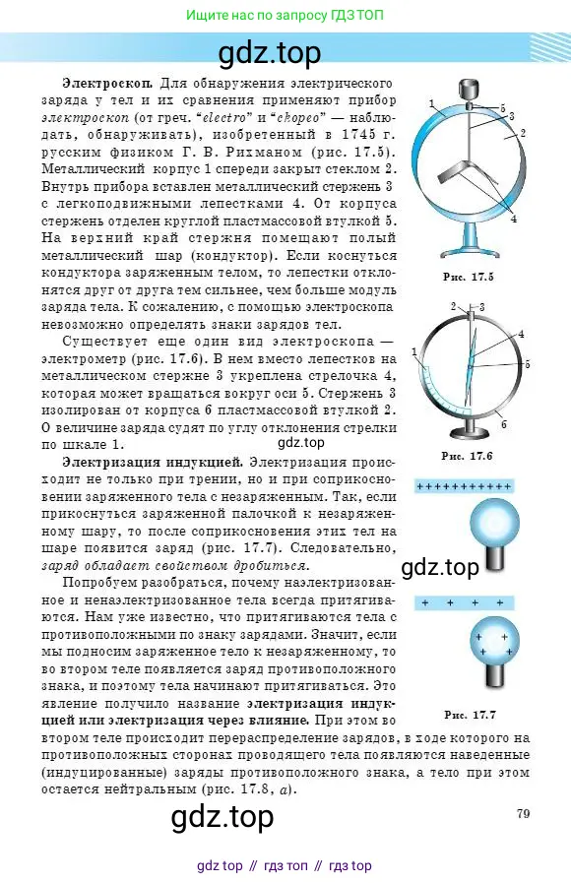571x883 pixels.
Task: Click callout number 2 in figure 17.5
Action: point(523,133)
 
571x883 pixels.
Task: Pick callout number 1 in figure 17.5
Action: point(432,101)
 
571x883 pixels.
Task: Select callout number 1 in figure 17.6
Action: point(414,351)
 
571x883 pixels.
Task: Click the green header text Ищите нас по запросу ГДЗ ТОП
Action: point(285,15)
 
